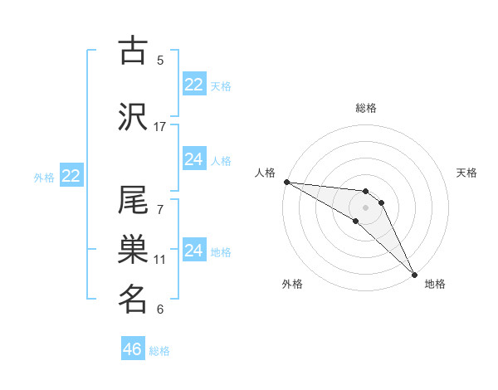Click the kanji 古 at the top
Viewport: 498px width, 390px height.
(133, 51)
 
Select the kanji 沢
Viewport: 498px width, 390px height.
(133, 116)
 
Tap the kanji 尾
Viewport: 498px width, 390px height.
(133, 197)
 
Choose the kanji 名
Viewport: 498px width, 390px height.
(133, 299)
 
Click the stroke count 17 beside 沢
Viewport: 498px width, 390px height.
(160, 126)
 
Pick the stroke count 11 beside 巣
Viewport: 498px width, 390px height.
(160, 260)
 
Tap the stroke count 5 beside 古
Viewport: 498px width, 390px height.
(160, 60)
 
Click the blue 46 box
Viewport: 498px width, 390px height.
(133, 349)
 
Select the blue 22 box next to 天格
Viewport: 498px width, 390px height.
(194, 85)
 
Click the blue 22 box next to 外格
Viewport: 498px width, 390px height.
(71, 176)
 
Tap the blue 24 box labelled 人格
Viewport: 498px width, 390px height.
(194, 160)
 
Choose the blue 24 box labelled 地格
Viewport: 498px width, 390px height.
(194, 251)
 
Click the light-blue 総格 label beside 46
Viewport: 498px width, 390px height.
(159, 351)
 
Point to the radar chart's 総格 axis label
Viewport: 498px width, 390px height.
(366, 108)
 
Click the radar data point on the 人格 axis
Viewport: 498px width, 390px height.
(286, 182)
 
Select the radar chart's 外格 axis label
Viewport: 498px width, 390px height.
(292, 284)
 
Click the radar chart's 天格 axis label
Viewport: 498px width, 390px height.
(467, 173)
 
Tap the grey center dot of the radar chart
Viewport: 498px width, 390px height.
(366, 207)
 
